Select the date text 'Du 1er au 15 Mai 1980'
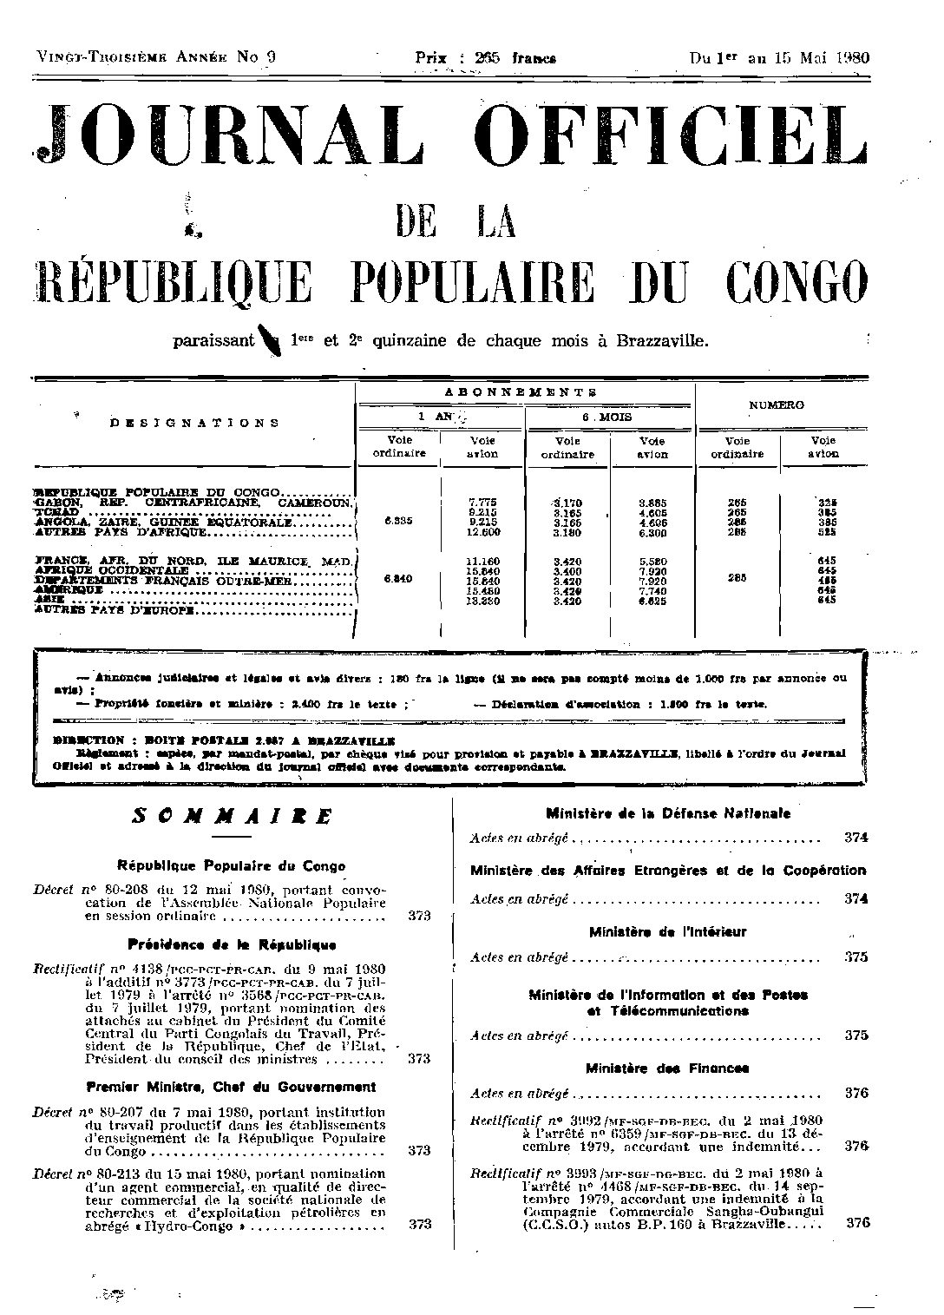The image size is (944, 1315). point(779,58)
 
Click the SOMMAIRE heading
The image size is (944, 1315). point(232,817)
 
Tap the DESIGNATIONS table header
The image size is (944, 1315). point(194,423)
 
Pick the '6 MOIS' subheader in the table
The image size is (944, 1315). point(607,417)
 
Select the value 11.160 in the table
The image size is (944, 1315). point(483,562)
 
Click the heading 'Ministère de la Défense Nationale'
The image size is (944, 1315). point(667,813)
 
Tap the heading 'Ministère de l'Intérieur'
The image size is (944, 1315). point(667,932)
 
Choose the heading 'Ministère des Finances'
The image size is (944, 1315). point(667,1068)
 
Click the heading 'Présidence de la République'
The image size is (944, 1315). point(232,944)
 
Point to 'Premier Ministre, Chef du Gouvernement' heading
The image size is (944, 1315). point(232,1086)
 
